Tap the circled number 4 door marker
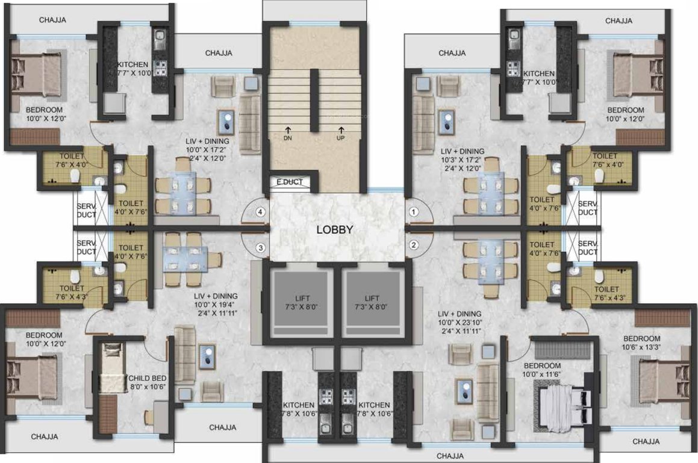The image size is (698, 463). [x=260, y=212]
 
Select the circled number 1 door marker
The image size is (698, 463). [x=414, y=212]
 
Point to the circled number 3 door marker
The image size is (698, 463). [x=260, y=247]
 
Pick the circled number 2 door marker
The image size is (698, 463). [x=414, y=245]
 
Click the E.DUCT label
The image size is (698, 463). [x=290, y=181]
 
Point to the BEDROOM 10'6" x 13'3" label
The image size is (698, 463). [x=642, y=342]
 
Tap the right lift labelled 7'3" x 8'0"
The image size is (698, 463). [x=371, y=302]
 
